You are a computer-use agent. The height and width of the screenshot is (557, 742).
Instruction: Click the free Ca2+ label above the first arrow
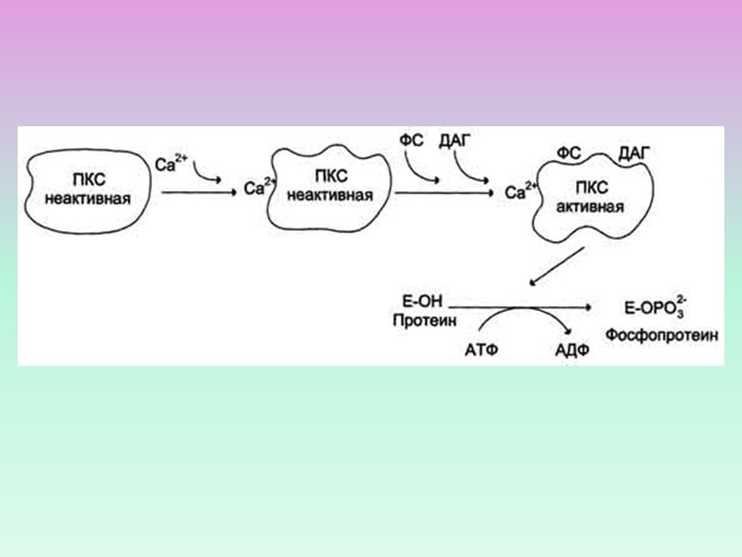pyautogui.click(x=172, y=165)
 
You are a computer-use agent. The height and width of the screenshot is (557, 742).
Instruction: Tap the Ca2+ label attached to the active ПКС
pyautogui.click(x=520, y=191)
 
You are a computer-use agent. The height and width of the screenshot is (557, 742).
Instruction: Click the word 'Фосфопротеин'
pyautogui.click(x=662, y=333)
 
